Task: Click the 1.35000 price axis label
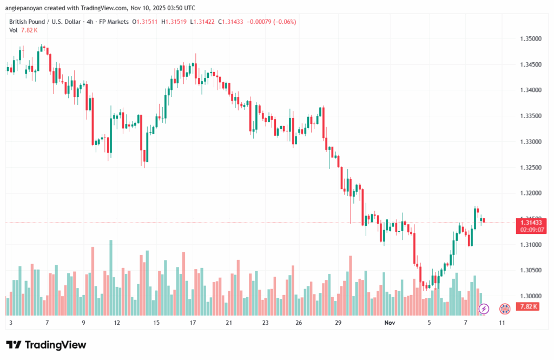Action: [x=530, y=39]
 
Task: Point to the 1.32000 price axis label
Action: [x=530, y=193]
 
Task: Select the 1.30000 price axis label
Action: [x=530, y=296]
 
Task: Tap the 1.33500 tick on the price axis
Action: [x=530, y=116]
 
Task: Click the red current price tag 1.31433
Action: [x=531, y=222]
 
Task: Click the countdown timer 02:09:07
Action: [x=531, y=230]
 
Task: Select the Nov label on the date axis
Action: [x=389, y=323]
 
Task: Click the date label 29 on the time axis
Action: [x=338, y=323]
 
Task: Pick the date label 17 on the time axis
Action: [x=193, y=323]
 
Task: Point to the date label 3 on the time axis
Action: [x=11, y=323]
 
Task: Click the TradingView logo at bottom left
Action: [x=46, y=345]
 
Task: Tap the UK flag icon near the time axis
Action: [x=504, y=309]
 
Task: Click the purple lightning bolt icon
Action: [x=484, y=309]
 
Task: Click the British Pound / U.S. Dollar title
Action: [x=46, y=22]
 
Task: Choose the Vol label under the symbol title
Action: [x=14, y=30]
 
